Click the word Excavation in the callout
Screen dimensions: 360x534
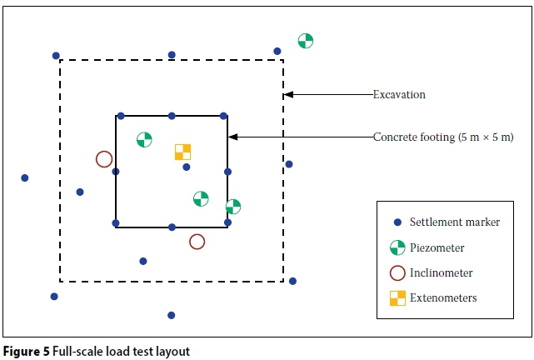point(399,95)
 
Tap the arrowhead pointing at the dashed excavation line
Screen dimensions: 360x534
point(288,95)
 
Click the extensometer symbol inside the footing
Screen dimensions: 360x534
point(182,152)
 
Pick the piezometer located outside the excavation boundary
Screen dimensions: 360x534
point(306,41)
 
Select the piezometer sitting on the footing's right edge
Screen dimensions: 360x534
point(233,206)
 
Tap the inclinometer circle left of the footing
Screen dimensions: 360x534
point(104,159)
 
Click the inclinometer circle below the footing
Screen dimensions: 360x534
point(197,242)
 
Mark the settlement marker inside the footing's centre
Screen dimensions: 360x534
point(187,167)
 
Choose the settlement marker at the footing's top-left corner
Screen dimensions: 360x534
point(121,116)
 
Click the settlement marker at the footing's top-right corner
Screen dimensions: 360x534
point(223,116)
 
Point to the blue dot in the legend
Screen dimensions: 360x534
point(397,222)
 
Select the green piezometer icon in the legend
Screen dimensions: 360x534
point(397,247)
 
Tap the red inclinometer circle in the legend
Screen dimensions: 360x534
point(397,272)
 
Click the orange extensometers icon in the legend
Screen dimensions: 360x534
point(397,297)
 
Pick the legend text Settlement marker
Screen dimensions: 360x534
point(455,222)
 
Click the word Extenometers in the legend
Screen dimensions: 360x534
point(444,297)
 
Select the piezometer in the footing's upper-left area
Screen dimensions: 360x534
point(144,139)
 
